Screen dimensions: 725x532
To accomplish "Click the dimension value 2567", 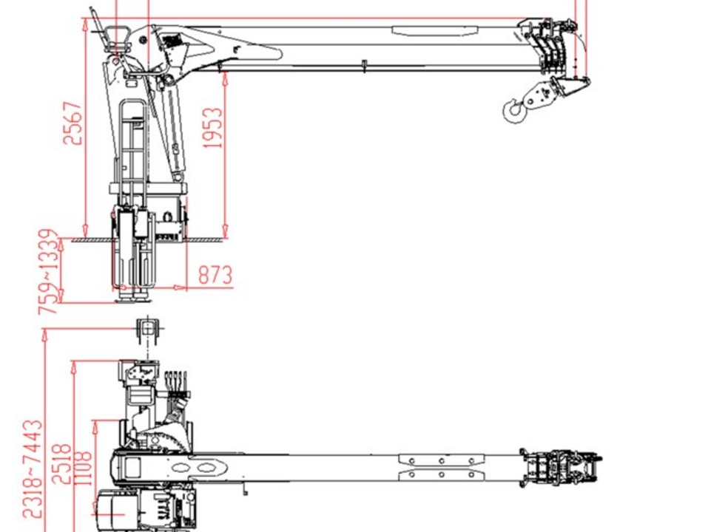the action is (72, 123).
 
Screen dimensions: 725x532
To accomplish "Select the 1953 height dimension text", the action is (213, 128).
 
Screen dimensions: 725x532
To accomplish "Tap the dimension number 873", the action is (215, 275).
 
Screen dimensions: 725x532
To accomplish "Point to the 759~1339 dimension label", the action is (50, 272).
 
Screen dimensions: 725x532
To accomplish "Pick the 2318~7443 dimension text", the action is (33, 468).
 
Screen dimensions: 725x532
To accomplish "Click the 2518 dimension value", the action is (62, 464).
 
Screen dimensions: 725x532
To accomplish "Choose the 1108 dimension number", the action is (83, 468).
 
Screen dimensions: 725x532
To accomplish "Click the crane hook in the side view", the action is (513, 112).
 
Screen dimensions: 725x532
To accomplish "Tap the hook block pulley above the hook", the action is (539, 95).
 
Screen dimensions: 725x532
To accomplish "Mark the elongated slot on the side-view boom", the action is (435, 30).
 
